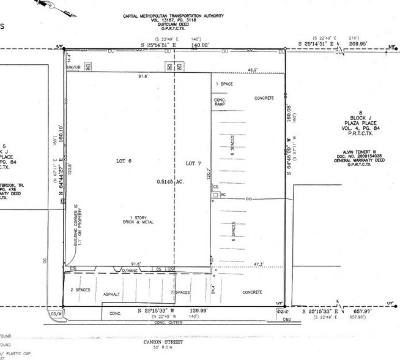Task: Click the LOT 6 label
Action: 125,162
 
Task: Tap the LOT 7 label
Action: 194,162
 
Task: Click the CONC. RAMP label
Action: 220,102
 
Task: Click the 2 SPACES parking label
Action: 80,289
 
